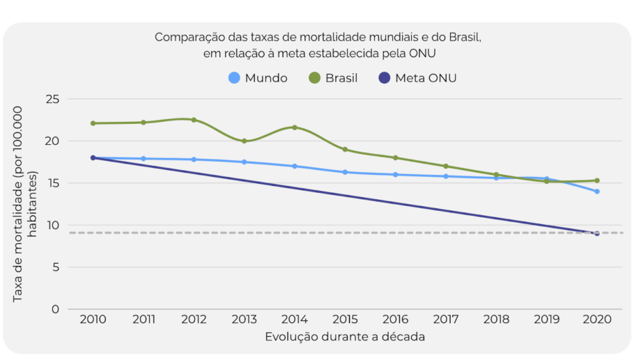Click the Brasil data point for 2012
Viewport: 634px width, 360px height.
tap(194, 120)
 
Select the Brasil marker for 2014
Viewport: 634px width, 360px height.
tap(295, 127)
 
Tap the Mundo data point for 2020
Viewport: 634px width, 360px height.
tap(597, 191)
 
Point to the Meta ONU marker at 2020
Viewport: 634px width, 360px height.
tap(597, 233)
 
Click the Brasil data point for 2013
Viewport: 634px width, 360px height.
tap(244, 141)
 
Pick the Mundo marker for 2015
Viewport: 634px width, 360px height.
tap(345, 172)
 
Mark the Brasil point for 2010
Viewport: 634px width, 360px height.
tap(93, 123)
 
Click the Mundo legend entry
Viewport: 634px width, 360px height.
tap(258, 78)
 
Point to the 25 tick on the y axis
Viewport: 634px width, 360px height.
tap(52, 100)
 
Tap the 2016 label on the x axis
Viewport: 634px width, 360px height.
tap(395, 320)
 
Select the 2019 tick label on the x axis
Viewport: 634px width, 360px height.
tap(547, 320)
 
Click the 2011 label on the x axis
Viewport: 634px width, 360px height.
tap(143, 320)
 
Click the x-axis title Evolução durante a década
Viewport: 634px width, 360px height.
tap(345, 337)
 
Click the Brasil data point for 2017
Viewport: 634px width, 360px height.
tap(446, 166)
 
